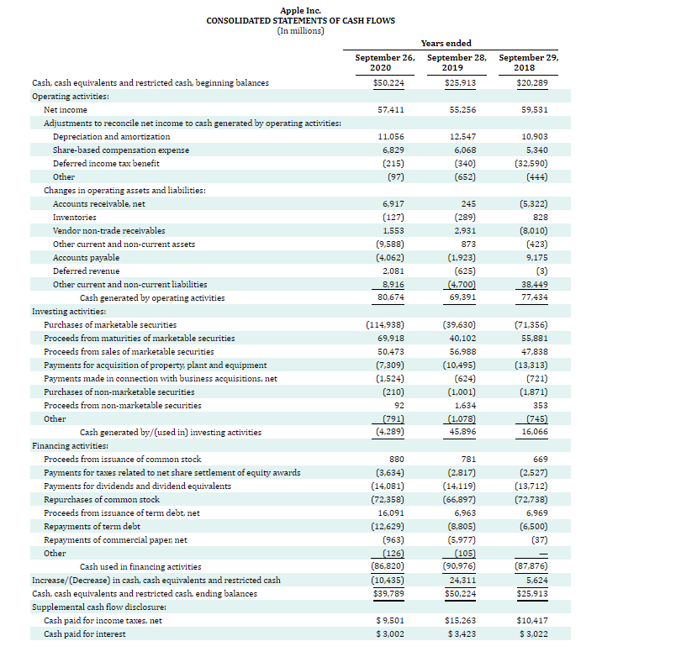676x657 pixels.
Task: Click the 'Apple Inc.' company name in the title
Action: pos(300,10)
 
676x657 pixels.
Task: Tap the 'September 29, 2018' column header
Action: pos(528,63)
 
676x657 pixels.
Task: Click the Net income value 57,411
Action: pos(392,110)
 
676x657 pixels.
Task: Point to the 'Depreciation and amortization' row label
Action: pos(111,136)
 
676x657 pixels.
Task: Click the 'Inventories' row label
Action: pos(75,217)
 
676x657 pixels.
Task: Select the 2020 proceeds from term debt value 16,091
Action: pos(391,512)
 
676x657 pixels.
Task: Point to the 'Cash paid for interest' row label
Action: pos(84,633)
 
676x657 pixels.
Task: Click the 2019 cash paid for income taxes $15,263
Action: pos(460,620)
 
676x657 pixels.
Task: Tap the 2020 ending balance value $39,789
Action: pos(388,593)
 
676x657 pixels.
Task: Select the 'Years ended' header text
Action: pos(446,43)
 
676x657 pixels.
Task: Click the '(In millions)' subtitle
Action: pos(300,30)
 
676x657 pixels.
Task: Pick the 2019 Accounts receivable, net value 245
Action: pos(469,203)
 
